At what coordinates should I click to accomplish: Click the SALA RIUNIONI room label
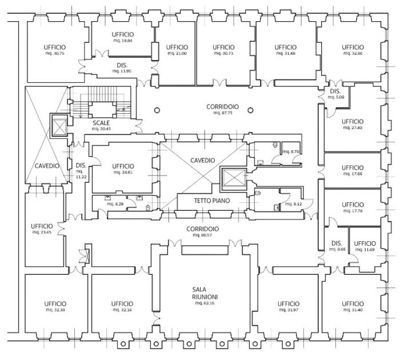203,293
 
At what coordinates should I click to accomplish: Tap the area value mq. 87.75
223,113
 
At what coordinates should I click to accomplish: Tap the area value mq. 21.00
177,54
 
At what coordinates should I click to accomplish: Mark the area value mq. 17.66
353,174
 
